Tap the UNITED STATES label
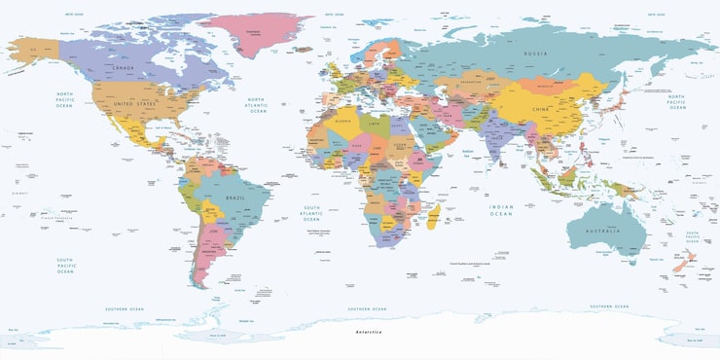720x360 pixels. tap(134, 103)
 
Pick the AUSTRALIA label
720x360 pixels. tap(603, 232)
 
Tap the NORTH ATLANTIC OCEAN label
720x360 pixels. tap(257, 106)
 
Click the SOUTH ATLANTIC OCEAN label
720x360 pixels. tap(311, 213)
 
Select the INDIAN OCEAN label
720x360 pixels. tap(500, 209)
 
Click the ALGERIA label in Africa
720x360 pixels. tap(342, 122)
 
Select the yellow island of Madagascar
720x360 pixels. tap(441, 212)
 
